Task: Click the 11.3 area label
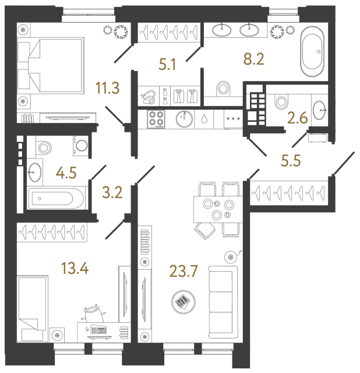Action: [x=108, y=88]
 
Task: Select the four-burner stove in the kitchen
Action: [x=156, y=119]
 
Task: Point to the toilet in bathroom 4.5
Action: [x=42, y=147]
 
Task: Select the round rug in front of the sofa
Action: [x=183, y=301]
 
